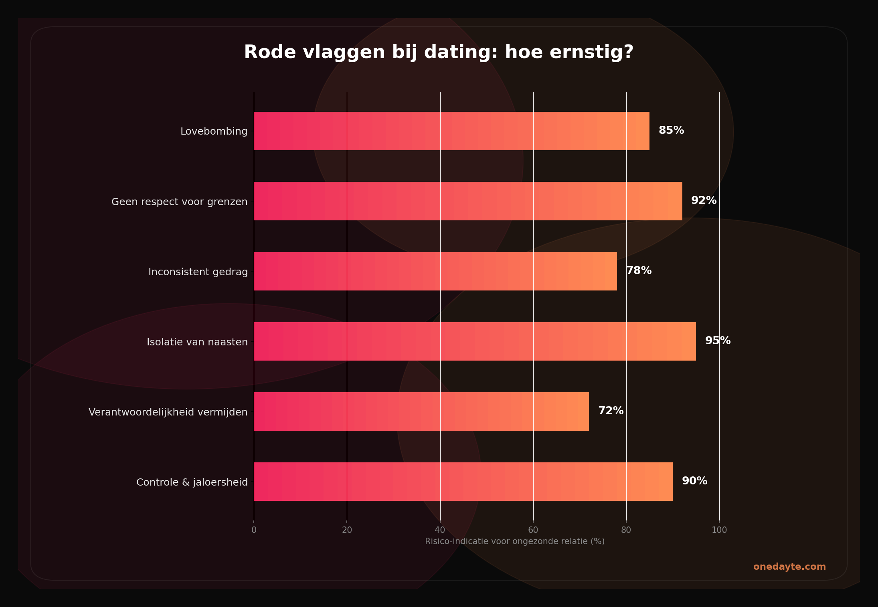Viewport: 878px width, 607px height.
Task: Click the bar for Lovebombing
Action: [451, 131]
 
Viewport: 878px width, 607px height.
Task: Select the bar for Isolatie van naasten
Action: [475, 341]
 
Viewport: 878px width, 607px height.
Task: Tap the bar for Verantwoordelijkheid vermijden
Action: [421, 411]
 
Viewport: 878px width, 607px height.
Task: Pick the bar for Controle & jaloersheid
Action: [463, 482]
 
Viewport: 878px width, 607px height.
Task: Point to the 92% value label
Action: [704, 201]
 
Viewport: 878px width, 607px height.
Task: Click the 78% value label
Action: [639, 271]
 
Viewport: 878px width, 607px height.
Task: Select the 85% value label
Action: [671, 131]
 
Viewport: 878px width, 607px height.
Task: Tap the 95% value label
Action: [718, 341]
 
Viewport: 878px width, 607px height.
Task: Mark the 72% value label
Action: [611, 411]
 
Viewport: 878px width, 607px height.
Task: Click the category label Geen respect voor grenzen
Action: [179, 202]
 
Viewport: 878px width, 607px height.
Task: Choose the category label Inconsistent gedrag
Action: [198, 272]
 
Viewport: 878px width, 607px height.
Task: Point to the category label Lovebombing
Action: [214, 131]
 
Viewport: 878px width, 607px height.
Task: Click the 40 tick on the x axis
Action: [440, 530]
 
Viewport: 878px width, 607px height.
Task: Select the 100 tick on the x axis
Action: [719, 530]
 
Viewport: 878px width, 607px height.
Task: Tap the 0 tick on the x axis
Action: [254, 530]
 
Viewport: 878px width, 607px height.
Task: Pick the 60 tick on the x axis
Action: [533, 530]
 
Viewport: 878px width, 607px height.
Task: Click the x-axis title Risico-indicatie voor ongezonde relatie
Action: [514, 542]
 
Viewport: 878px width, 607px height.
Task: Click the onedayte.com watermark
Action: [789, 567]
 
